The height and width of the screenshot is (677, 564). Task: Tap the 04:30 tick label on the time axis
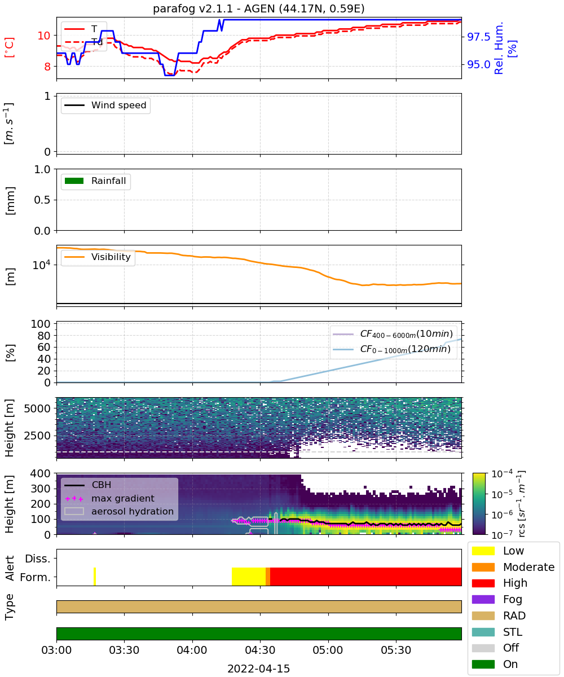click(260, 650)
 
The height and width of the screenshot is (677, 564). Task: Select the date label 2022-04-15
click(258, 669)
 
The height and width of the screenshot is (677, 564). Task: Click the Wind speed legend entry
click(105, 105)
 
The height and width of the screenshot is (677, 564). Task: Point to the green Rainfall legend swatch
click(74, 181)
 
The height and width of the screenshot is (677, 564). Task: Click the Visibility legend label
click(111, 257)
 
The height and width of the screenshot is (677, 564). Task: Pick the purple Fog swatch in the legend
click(483, 599)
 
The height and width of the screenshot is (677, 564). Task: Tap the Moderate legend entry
click(513, 567)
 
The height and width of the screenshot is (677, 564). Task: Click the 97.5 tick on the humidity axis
click(479, 37)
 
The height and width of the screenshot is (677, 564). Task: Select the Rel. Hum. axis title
click(499, 48)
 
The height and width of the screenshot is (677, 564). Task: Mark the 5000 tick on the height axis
click(37, 408)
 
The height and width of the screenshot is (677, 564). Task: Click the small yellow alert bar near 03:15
click(95, 577)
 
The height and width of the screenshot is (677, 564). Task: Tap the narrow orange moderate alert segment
click(268, 577)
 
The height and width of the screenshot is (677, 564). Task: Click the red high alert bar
click(365, 577)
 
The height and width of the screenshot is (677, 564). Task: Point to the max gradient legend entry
click(109, 498)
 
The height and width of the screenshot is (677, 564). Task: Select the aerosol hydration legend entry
click(119, 511)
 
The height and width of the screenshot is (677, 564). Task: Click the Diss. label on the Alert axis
click(38, 559)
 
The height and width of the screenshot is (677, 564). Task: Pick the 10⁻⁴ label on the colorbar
click(502, 473)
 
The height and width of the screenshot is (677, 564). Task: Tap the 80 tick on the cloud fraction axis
click(44, 335)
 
